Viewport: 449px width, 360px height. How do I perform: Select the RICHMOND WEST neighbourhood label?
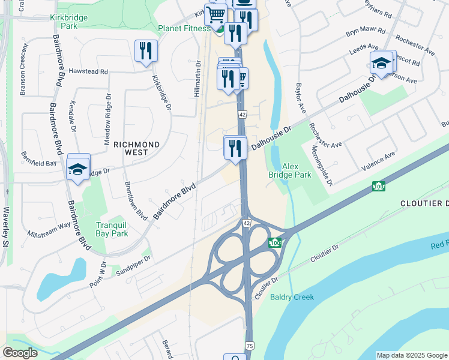[137, 149]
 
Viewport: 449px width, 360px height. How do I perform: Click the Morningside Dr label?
[322, 166]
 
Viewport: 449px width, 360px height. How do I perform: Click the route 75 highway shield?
[250, 346]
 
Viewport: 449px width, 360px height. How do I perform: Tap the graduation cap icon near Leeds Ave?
[382, 63]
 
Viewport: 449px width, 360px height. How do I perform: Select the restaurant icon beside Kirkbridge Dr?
[146, 52]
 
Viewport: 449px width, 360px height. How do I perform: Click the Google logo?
[20, 352]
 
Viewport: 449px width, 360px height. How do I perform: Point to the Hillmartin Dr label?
[197, 79]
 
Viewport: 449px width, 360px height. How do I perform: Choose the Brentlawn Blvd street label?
[136, 200]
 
